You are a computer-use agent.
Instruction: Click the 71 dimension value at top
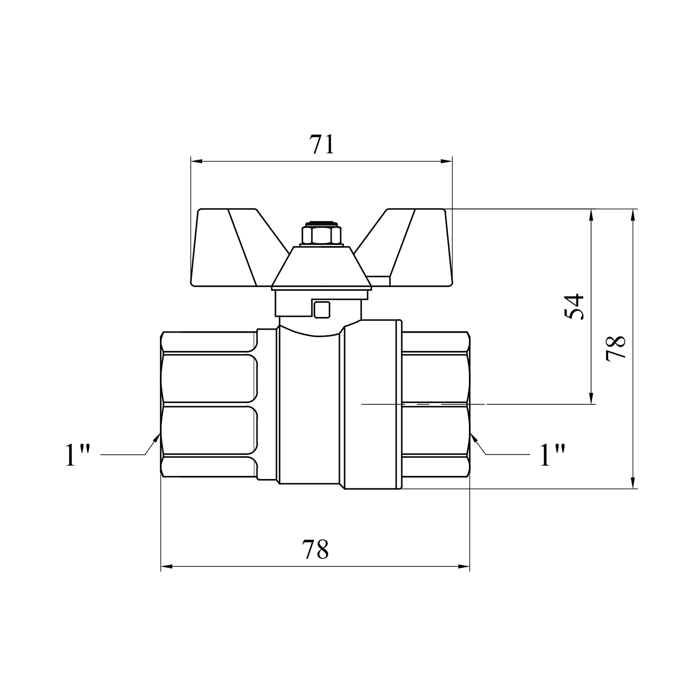coord(321,144)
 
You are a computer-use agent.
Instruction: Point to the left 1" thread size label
coord(76,455)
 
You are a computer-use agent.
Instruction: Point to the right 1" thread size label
coord(552,455)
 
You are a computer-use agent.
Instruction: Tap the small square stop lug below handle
coord(321,309)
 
